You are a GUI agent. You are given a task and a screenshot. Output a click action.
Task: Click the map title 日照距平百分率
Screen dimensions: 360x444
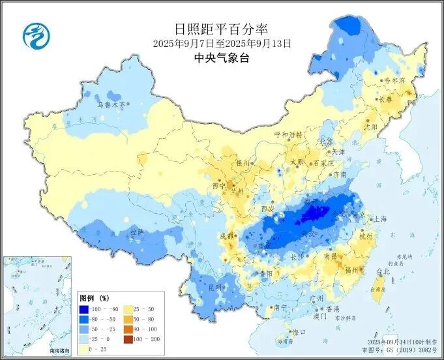click(x=222, y=29)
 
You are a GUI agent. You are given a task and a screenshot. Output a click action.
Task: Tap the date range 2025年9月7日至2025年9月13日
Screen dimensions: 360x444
click(x=222, y=44)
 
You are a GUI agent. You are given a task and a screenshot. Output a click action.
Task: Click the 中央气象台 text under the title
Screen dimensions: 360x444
click(x=222, y=58)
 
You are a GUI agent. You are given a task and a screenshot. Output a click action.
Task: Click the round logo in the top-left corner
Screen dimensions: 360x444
click(x=35, y=35)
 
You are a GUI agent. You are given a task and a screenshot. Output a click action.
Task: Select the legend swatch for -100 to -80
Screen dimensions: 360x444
click(x=84, y=309)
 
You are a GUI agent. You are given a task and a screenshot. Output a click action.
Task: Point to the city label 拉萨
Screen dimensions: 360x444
click(x=136, y=232)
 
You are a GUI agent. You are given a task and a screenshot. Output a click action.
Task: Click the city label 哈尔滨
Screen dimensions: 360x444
click(x=394, y=80)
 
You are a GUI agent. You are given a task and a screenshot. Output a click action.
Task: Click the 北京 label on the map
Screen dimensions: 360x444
click(x=325, y=142)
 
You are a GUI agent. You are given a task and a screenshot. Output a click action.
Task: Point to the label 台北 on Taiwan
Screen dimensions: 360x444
click(x=384, y=271)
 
